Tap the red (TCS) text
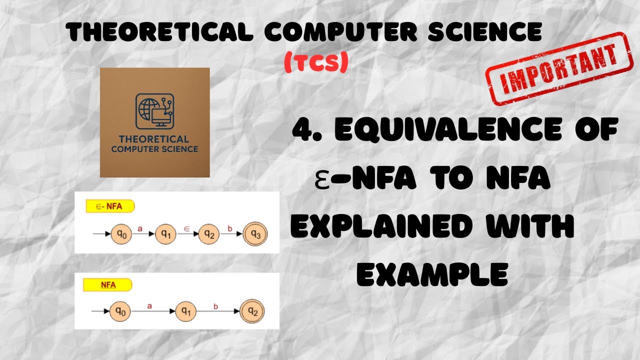pos(315,62)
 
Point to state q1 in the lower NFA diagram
pos(186,311)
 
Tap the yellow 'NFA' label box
pos(108,285)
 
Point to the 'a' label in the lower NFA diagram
pos(149,304)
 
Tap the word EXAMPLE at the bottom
pos(432,275)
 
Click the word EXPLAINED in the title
pos(381,227)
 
